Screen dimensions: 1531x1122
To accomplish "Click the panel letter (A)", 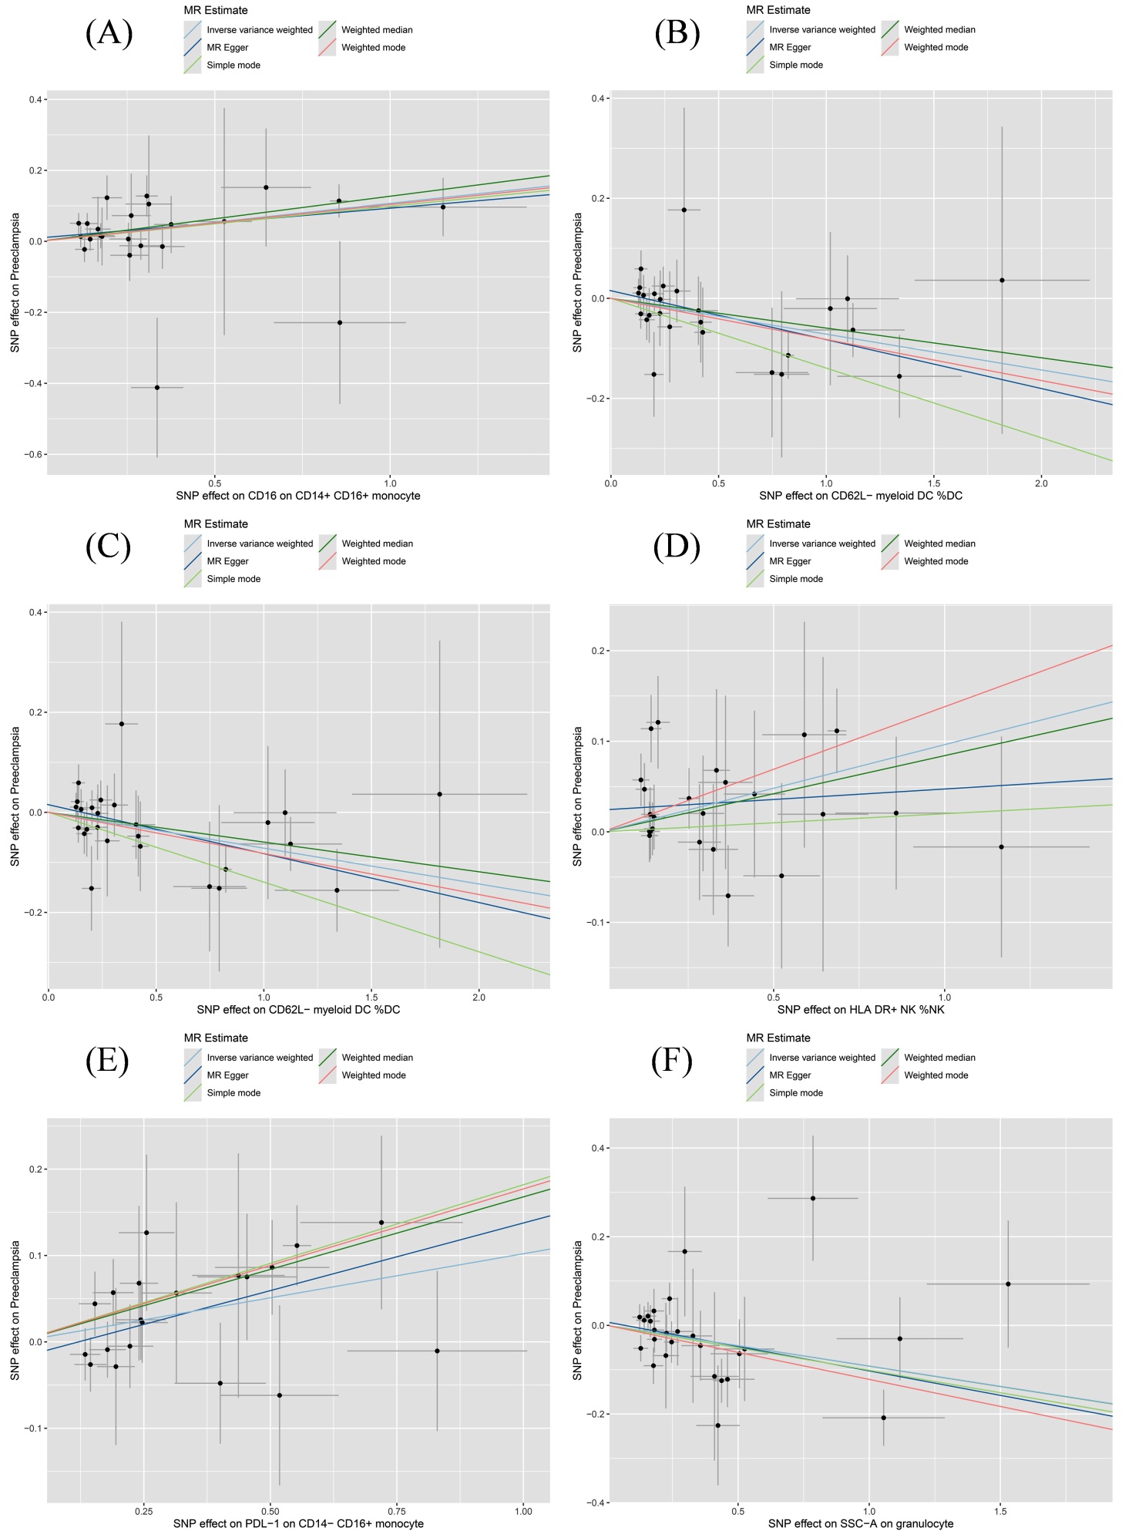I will click(109, 34).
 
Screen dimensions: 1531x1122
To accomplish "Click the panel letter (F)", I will click(672, 1062).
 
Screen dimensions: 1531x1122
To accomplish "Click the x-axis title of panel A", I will click(298, 496).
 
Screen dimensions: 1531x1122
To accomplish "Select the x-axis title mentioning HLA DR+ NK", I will click(861, 1009).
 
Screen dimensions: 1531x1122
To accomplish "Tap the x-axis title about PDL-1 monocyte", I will click(298, 1523).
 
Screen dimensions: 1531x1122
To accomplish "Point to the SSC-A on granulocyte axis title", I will click(861, 1523).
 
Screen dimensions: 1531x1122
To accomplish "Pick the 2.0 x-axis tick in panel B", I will click(1041, 483).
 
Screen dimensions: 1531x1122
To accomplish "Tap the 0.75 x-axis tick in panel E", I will click(397, 1511).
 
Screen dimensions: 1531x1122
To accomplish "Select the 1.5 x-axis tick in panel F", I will click(1000, 1511).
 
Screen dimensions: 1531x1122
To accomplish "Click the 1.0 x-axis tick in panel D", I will click(945, 997).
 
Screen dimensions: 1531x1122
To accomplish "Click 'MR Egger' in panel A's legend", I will click(227, 48).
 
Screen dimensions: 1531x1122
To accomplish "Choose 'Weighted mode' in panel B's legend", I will click(936, 48).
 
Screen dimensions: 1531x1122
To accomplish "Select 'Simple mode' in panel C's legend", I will click(233, 579).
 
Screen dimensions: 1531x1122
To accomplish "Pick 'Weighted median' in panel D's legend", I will click(939, 543).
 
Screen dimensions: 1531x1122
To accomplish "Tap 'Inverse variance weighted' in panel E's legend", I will click(260, 1058).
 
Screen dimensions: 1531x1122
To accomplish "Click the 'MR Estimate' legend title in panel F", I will click(778, 1038).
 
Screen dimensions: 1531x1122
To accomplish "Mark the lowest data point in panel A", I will click(157, 388).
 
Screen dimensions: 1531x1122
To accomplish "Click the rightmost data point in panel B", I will click(1002, 280).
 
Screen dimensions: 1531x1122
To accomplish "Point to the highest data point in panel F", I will click(813, 1198).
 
